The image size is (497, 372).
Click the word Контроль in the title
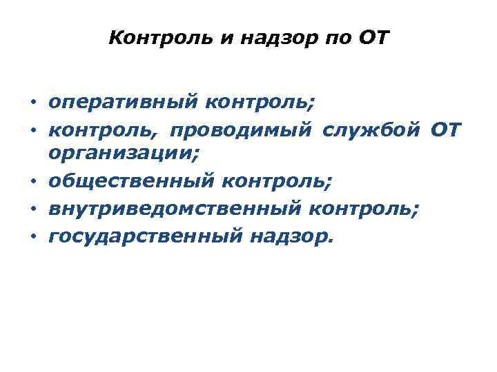[x=161, y=38]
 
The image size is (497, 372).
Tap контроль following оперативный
[x=257, y=103]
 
